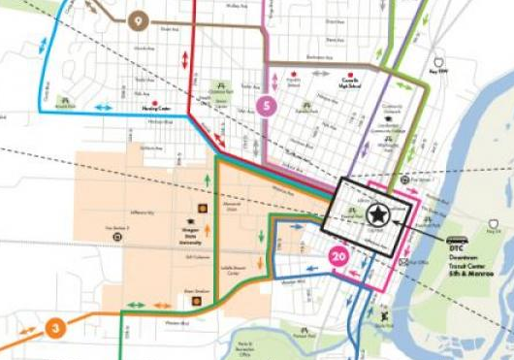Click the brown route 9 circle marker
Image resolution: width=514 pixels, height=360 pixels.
coord(138,19)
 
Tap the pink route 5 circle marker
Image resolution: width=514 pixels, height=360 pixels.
coord(264,105)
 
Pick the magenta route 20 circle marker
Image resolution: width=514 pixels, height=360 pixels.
coord(338,257)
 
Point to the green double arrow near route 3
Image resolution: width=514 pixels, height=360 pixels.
coord(135,305)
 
